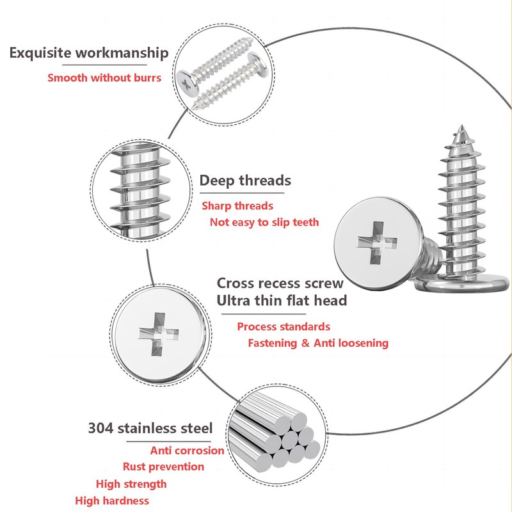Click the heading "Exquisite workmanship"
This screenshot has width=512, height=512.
pos(89,53)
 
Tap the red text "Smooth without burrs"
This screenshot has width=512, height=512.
pos(104,77)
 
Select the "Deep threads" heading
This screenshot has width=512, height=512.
pos(245,180)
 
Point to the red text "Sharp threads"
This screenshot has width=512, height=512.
pos(237,205)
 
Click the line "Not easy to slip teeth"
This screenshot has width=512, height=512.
pos(264,222)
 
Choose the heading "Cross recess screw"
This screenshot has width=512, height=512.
pos(280,283)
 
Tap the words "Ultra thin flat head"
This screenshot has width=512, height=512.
pos(282,300)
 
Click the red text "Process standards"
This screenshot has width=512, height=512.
pos(284,326)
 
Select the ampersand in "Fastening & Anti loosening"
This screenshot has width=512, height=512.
pos(305,343)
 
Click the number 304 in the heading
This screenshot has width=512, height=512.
pos(100,428)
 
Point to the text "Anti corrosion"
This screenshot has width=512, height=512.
pos(187,451)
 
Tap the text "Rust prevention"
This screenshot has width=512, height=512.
pos(164,467)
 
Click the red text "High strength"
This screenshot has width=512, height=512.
pos(131,484)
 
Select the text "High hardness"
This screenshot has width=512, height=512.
pos(112,500)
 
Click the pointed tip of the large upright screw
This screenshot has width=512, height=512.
pos(461,125)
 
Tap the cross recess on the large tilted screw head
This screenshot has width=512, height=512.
pos(377,243)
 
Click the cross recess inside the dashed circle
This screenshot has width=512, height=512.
pos(158,334)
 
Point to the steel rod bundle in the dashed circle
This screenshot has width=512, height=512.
pos(275,433)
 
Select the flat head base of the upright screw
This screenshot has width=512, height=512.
pos(462,284)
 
